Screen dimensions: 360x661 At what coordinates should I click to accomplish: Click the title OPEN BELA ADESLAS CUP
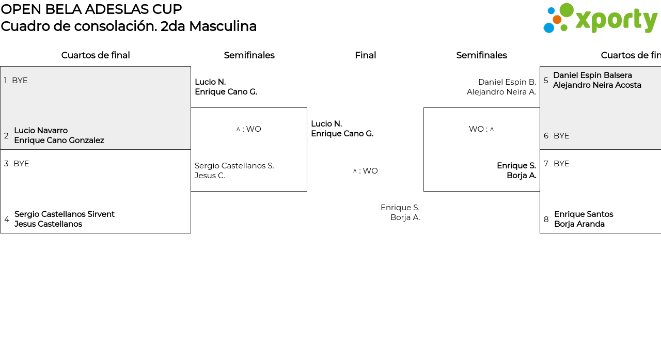(x=91, y=9)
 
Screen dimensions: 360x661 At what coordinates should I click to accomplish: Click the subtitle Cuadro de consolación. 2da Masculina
(x=129, y=26)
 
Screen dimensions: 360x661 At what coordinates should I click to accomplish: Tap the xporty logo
(x=600, y=19)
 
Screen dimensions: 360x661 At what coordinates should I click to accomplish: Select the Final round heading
(x=365, y=55)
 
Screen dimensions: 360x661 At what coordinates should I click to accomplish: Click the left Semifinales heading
(x=249, y=55)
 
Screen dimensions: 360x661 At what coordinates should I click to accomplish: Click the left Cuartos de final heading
(x=96, y=55)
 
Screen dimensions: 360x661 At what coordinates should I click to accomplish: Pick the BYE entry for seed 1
(x=20, y=81)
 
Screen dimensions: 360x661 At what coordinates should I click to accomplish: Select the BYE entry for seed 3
(x=21, y=164)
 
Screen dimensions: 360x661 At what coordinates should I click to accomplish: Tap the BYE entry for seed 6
(x=561, y=136)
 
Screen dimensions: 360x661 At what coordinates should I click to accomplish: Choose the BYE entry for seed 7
(x=561, y=164)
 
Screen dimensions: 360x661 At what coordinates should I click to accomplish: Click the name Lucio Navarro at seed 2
(x=41, y=131)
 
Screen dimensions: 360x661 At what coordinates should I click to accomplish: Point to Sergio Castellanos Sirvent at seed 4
(x=65, y=214)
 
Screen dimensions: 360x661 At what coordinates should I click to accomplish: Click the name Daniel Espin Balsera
(x=592, y=75)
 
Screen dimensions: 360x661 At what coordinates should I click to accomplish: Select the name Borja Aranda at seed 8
(x=579, y=224)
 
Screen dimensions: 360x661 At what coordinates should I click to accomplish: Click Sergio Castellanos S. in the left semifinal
(x=234, y=166)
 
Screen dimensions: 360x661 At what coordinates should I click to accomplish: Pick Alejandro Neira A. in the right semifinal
(x=501, y=92)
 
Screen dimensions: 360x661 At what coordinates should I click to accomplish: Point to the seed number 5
(x=546, y=81)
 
